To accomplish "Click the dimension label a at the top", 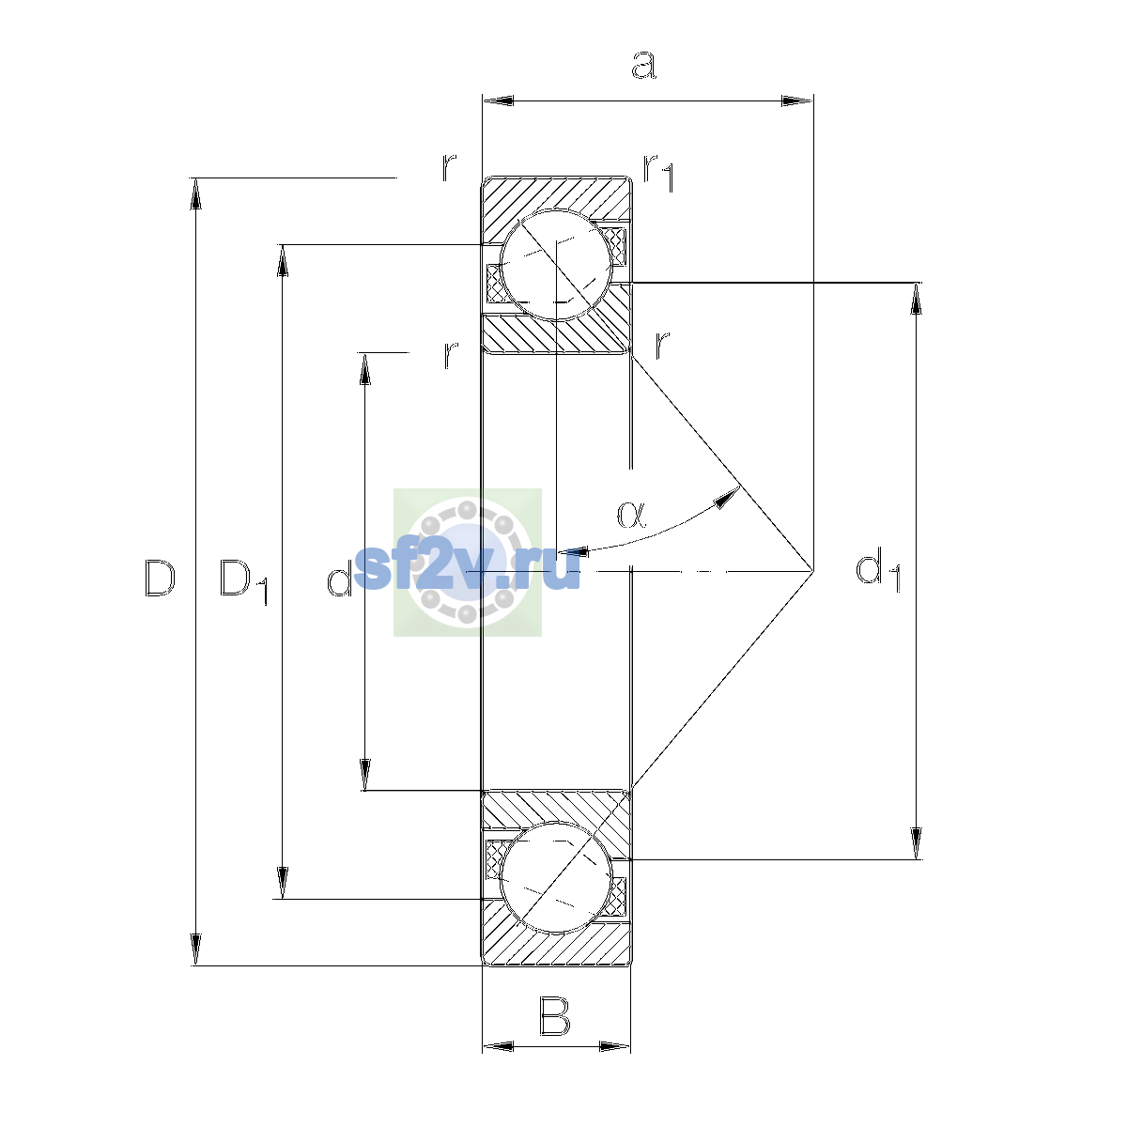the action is [643, 65].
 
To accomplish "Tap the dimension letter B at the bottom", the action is [554, 1016].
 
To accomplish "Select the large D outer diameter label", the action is [160, 578].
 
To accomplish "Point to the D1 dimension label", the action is [243, 580].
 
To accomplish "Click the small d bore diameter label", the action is [339, 578].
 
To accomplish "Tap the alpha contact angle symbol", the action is [632, 514].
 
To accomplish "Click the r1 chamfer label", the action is [659, 173].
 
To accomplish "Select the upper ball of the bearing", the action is [556, 265].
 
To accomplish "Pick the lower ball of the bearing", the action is [556, 877].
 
